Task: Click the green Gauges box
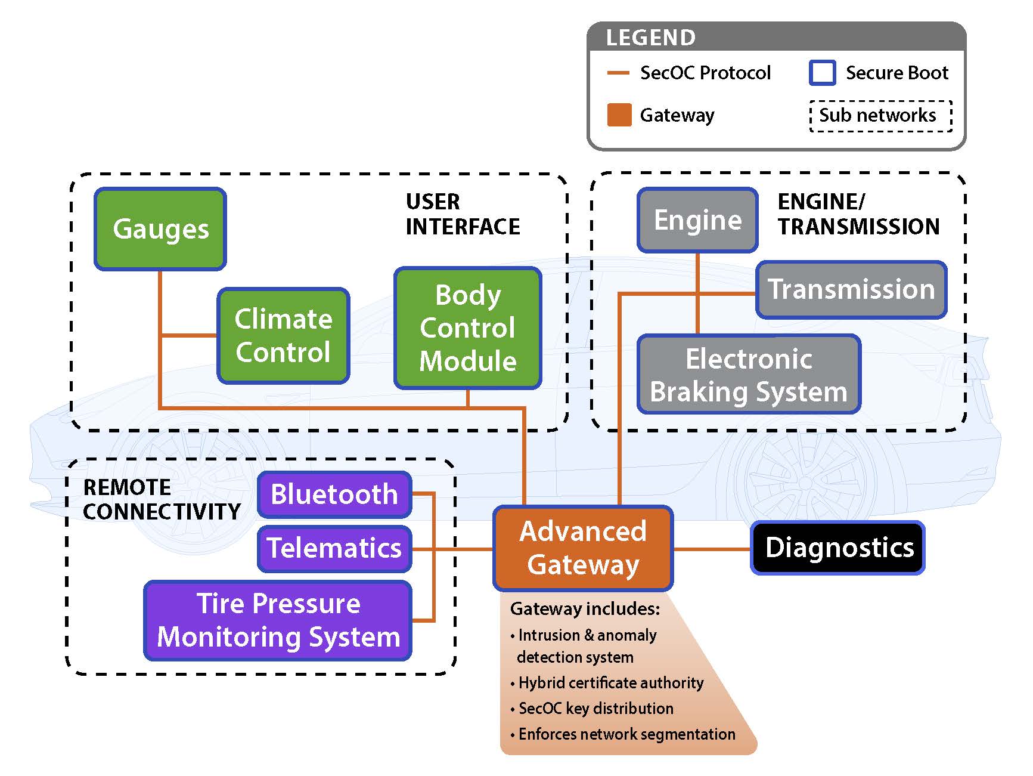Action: click(x=160, y=229)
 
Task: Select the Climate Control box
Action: click(x=283, y=335)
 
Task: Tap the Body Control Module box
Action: click(x=468, y=328)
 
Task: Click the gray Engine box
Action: click(x=697, y=220)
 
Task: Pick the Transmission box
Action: click(x=851, y=289)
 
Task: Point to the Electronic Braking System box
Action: click(x=749, y=375)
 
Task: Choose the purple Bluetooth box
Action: click(x=334, y=494)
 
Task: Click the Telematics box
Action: click(x=334, y=548)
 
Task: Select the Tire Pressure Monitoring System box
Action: click(x=278, y=620)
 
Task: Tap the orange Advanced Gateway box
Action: click(x=583, y=548)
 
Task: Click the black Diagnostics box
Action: click(x=837, y=548)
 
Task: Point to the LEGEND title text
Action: click(x=650, y=38)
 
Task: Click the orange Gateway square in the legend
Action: click(x=619, y=115)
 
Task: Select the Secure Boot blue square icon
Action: click(x=822, y=73)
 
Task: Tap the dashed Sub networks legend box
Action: click(x=880, y=116)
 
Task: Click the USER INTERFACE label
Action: click(x=463, y=214)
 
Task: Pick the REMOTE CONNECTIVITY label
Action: click(x=162, y=499)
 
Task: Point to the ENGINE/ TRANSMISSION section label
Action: click(x=858, y=214)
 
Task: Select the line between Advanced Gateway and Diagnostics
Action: click(x=711, y=548)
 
